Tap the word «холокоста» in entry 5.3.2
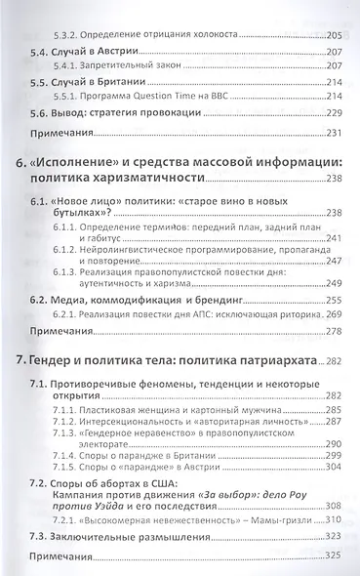pyautogui.click(x=180, y=33)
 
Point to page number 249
pyautogui.click(x=337, y=280)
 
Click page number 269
pyautogui.click(x=337, y=315)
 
